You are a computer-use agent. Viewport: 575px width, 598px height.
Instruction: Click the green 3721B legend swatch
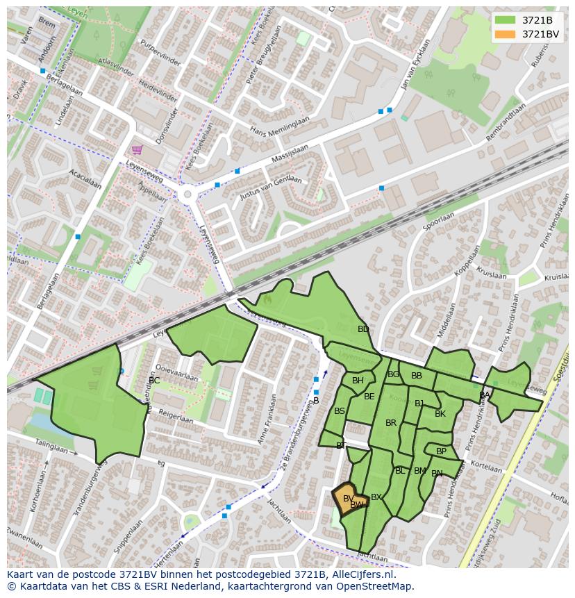pyautogui.click(x=505, y=20)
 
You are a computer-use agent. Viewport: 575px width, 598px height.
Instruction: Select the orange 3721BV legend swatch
pyautogui.click(x=505, y=34)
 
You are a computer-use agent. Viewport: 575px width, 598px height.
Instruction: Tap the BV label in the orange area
pyautogui.click(x=349, y=499)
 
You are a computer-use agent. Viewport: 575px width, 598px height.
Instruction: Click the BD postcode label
pyautogui.click(x=363, y=329)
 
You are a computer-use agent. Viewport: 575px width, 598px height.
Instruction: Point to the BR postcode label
pyautogui.click(x=391, y=423)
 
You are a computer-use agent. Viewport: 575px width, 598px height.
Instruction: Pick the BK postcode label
pyautogui.click(x=440, y=414)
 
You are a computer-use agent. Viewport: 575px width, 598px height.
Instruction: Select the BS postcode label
pyautogui.click(x=340, y=411)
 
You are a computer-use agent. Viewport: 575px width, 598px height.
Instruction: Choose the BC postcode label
pyautogui.click(x=154, y=381)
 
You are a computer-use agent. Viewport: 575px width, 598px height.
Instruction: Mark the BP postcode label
pyautogui.click(x=442, y=451)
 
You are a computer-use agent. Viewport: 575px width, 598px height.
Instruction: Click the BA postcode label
pyautogui.click(x=485, y=395)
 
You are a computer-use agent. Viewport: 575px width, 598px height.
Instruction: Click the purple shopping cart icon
pyautogui.click(x=137, y=149)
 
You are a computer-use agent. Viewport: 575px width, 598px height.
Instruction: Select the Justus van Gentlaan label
pyautogui.click(x=271, y=188)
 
